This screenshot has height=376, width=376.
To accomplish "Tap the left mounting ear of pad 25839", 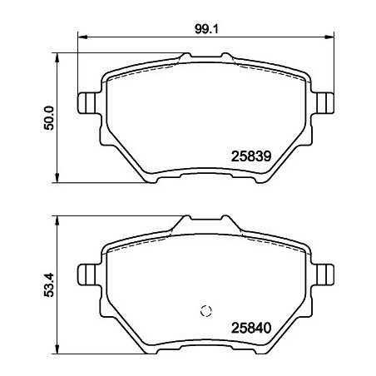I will (86, 102).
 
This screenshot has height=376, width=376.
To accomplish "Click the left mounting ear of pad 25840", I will (86, 274).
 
